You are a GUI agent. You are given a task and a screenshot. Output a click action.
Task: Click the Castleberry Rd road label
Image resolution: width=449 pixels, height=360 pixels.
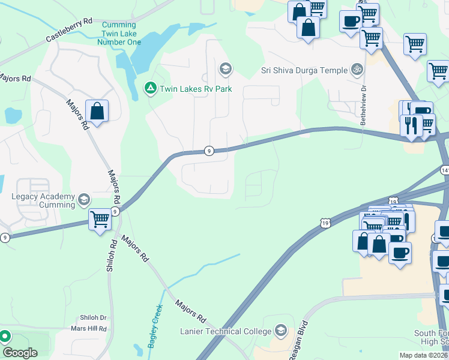[70, 31]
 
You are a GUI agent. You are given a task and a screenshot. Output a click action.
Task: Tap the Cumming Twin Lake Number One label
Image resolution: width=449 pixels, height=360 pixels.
[119, 33]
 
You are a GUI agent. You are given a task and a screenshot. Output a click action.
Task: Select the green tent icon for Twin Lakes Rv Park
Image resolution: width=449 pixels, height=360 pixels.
[149, 89]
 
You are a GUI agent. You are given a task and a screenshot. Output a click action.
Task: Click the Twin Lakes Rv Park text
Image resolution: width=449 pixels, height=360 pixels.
[194, 90]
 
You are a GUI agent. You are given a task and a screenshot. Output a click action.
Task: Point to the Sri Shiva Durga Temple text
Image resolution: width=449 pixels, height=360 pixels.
[304, 70]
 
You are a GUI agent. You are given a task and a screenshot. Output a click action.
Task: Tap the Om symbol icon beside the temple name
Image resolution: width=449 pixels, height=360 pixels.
[357, 70]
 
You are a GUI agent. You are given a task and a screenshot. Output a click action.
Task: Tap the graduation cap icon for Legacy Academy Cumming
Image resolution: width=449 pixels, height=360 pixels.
[85, 199]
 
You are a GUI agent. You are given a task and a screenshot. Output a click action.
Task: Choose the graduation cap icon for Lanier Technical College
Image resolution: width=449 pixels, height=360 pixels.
[280, 330]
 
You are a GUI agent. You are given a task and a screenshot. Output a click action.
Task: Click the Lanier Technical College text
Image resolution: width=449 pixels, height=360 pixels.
[226, 332]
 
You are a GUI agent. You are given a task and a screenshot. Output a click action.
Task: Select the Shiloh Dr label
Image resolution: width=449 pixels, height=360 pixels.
[93, 317]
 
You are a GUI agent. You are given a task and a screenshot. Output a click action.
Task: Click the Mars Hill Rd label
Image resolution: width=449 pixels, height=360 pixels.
[88, 328]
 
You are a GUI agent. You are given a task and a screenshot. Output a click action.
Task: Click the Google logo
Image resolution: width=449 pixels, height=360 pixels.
[20, 352]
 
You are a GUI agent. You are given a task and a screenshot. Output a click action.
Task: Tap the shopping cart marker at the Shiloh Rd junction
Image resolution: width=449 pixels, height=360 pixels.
[100, 220]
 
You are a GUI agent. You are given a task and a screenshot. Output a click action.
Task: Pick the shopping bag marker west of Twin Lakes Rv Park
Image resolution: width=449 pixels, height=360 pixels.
[97, 111]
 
